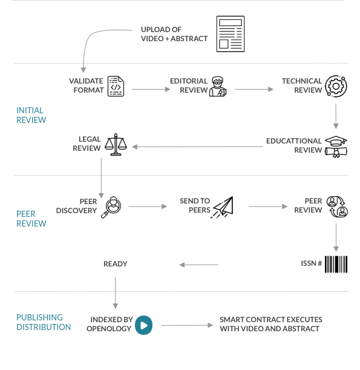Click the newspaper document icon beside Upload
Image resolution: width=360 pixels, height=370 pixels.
pos(231,34)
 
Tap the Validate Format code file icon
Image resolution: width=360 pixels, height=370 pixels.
pos(116,86)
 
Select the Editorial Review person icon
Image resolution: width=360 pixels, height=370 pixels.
pos(218,87)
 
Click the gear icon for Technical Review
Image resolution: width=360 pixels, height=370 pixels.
pos(336,86)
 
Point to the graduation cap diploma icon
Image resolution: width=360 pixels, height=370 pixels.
pos(336,147)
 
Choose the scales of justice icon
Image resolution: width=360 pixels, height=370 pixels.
pos(116,144)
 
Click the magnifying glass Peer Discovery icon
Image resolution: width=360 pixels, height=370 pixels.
pos(111,207)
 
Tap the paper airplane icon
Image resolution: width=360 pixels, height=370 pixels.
pos(222,207)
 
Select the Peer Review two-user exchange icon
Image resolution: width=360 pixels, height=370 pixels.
pos(337,206)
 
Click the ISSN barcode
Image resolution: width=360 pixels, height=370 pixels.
pos(336,264)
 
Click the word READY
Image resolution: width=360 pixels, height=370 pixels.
pos(116,264)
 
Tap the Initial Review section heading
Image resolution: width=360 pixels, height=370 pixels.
pos(31,115)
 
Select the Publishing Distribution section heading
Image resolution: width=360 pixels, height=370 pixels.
pos(44,322)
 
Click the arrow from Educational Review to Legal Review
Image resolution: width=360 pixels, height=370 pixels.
pos(197,147)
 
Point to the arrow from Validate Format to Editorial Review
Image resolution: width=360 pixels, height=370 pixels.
pos(151,89)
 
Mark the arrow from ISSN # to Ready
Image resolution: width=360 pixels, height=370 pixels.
pos(198,265)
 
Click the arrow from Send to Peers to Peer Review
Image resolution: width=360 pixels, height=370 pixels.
pos(268,206)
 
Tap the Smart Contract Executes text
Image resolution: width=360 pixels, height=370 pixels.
pos(271,320)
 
